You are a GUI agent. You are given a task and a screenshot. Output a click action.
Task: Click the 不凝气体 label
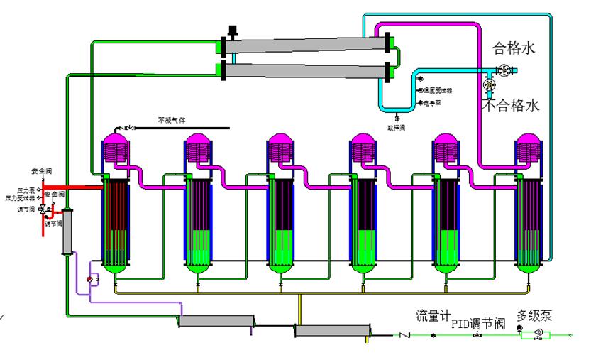pos(170,120)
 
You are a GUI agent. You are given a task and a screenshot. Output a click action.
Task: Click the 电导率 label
pos(431,103)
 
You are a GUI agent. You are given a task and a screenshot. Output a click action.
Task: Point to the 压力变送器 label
pos(26,197)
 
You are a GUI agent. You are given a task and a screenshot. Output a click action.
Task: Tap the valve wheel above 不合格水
pos(490,85)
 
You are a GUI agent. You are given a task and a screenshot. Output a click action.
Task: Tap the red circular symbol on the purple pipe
pos(89,280)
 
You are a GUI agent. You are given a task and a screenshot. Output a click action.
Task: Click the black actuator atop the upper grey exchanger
pos(231,31)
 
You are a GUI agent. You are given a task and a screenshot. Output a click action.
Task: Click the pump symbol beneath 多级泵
pos(538,334)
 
